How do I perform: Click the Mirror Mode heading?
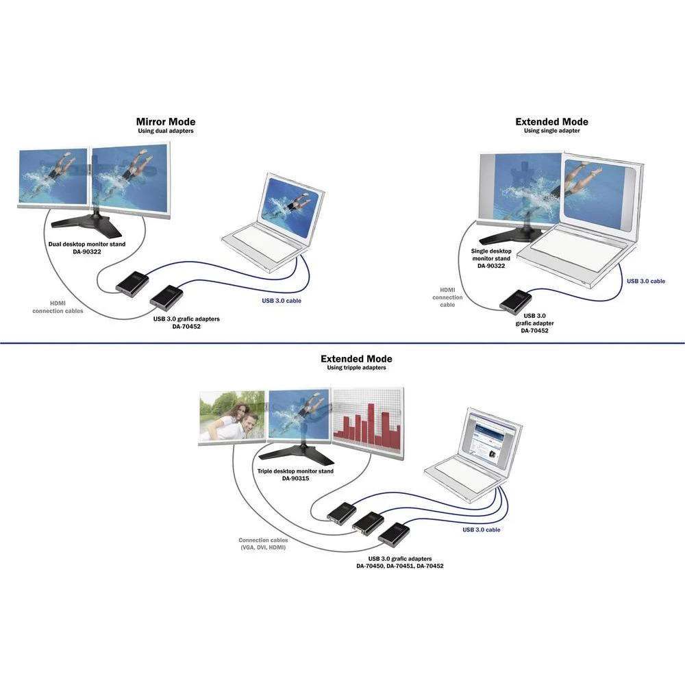click(165, 122)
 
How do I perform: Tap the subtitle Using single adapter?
click(551, 131)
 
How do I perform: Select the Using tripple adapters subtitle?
click(356, 368)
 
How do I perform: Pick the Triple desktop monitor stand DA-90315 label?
click(295, 475)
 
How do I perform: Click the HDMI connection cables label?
click(58, 307)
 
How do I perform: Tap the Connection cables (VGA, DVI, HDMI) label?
click(262, 544)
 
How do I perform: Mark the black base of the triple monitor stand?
click(297, 453)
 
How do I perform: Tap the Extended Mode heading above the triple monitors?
click(356, 359)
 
